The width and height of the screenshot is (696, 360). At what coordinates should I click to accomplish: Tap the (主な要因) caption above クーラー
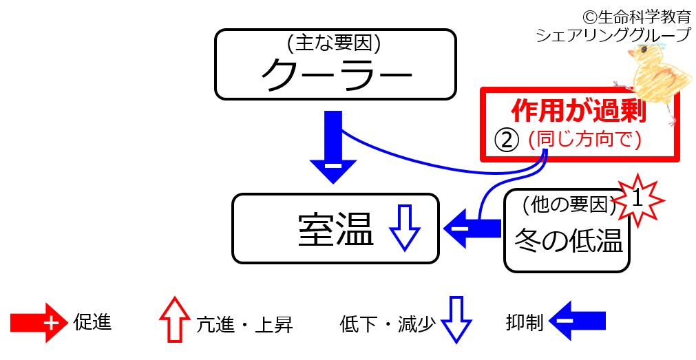click(x=335, y=44)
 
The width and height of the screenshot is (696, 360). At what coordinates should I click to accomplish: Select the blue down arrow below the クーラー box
click(x=333, y=148)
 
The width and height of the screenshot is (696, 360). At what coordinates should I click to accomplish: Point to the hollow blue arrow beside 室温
click(x=405, y=229)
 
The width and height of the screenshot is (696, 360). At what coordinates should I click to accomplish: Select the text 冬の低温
click(x=569, y=241)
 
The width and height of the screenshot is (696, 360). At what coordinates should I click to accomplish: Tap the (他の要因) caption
click(x=567, y=204)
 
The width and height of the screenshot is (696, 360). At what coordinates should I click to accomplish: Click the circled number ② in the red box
click(x=505, y=140)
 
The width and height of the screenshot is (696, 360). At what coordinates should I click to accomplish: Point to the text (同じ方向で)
click(x=584, y=140)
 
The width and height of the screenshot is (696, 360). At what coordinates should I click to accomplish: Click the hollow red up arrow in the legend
click(x=173, y=319)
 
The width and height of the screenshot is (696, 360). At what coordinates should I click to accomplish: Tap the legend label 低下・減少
click(x=388, y=324)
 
